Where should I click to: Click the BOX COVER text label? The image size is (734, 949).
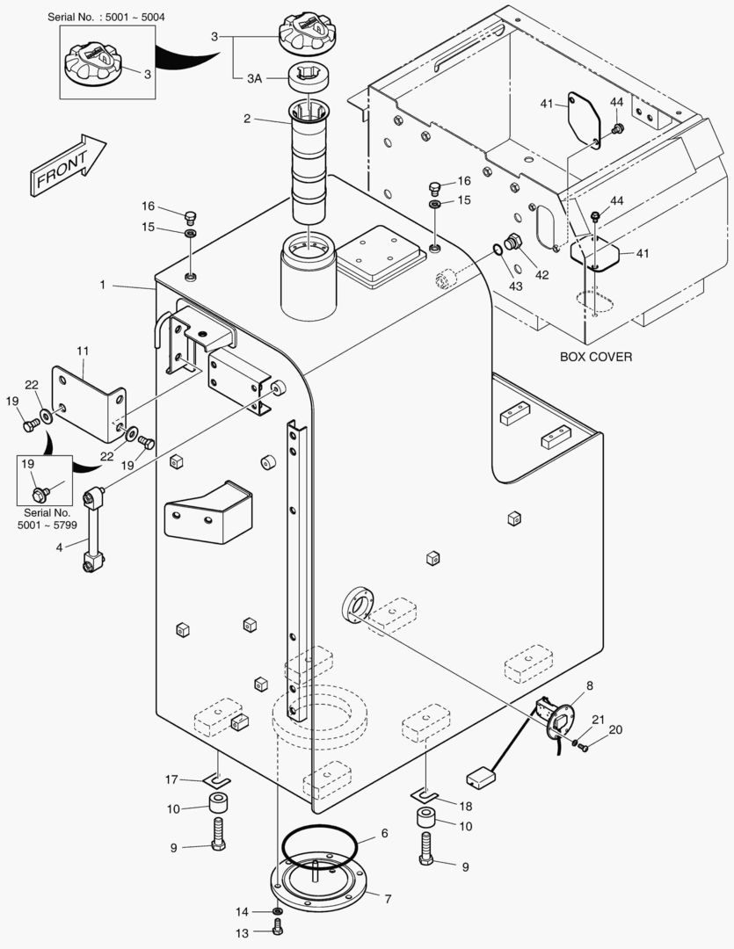(x=595, y=358)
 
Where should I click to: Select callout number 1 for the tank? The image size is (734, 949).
(x=103, y=285)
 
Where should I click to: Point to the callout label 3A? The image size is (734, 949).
(x=254, y=78)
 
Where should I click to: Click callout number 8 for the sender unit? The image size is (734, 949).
(x=589, y=685)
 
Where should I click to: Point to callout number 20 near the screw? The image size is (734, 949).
(x=615, y=728)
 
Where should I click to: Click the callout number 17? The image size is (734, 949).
(x=172, y=779)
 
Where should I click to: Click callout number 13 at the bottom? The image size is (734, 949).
(x=242, y=931)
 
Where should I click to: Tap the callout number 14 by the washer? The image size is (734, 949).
(x=242, y=911)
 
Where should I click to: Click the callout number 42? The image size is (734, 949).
(x=541, y=274)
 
